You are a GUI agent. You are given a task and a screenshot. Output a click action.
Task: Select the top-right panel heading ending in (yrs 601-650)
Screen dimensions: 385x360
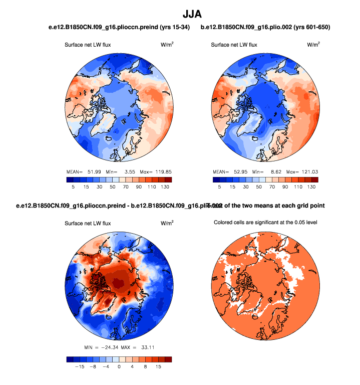pyautogui.click(x=265, y=27)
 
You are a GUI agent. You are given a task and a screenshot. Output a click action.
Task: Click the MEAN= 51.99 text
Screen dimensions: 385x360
pyautogui.click(x=85, y=171)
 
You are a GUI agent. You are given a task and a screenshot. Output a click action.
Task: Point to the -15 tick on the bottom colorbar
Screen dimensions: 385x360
pyautogui.click(x=79, y=366)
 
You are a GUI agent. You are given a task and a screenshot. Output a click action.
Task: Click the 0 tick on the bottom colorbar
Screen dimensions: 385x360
pyautogui.click(x=119, y=366)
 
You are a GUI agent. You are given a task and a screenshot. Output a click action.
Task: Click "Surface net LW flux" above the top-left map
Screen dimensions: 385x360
pyautogui.click(x=88, y=45)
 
